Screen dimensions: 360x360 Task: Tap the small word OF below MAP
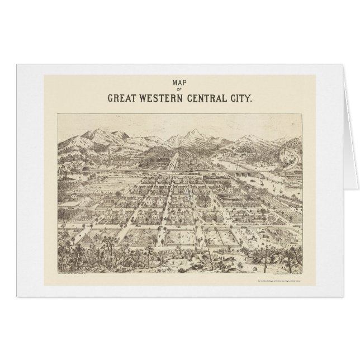(x=179, y=88)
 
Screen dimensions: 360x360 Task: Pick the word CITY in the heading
(x=242, y=97)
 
